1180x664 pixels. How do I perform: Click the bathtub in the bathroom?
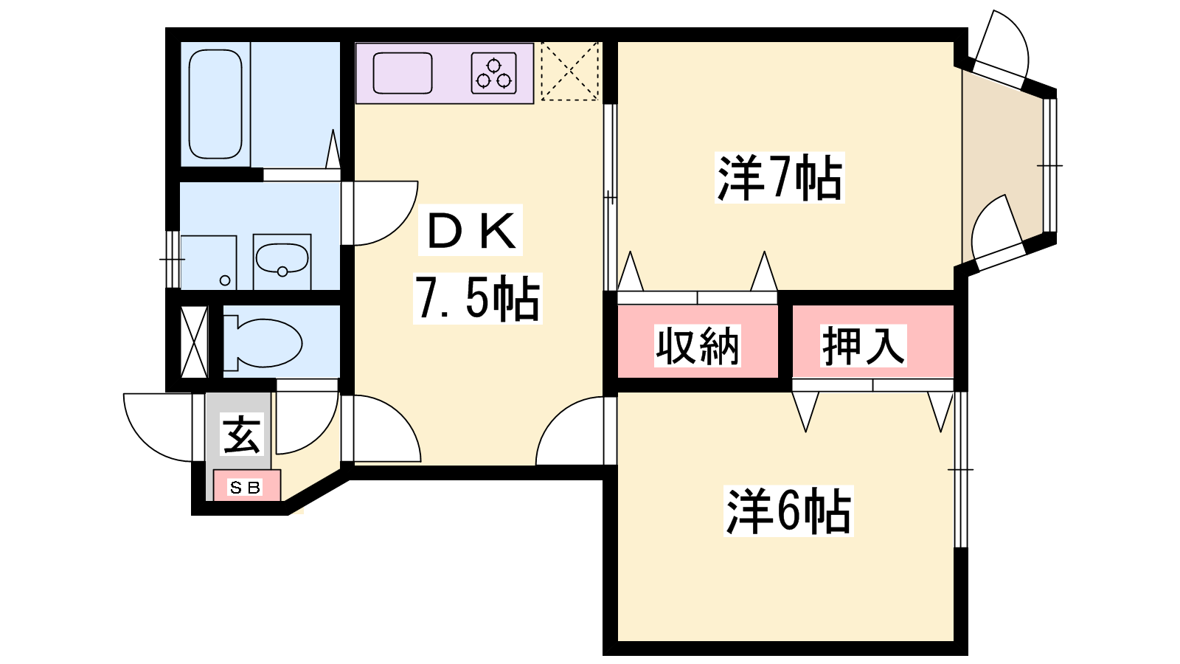click(215, 103)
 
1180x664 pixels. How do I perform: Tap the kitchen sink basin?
click(403, 73)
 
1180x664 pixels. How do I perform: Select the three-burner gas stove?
click(493, 73)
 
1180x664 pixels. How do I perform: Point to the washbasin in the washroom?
click(282, 260)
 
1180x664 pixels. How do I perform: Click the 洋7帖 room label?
click(780, 178)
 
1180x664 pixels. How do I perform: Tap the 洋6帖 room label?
click(788, 511)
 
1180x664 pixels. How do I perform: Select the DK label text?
click(471, 230)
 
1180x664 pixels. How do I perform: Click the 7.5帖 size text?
click(477, 298)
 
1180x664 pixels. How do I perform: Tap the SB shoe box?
click(246, 487)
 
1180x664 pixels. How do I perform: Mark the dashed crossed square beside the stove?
click(569, 71)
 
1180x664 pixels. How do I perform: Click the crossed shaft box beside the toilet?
click(194, 342)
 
